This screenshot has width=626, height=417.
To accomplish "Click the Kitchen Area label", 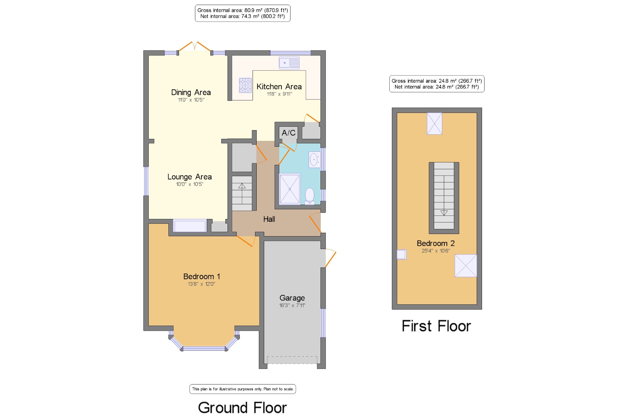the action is tap(279, 87).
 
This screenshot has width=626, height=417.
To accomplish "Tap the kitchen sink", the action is tap(289, 63).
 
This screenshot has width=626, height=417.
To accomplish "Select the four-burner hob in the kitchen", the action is tap(245, 85).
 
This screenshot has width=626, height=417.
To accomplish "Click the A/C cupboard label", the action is tap(289, 133).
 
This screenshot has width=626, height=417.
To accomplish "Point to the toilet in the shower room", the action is tap(310, 196).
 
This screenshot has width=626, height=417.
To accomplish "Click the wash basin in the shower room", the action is tap(314, 160).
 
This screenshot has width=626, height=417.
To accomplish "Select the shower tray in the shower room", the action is tap(290, 189).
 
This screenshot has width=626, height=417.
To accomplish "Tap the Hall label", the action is tap(269, 219).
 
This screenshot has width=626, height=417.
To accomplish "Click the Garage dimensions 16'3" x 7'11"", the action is tap(292, 305).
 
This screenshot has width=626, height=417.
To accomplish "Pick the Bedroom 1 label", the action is tap(202, 277).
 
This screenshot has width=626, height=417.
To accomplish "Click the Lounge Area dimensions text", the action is tap(190, 184).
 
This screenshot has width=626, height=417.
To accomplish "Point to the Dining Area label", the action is tap(191, 92).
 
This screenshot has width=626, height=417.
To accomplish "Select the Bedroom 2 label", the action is tap(436, 243).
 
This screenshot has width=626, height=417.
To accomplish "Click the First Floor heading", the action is tap(436, 326).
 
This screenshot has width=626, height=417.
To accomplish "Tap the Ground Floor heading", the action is tap(242, 408).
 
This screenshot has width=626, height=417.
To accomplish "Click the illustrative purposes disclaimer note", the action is tap(243, 389).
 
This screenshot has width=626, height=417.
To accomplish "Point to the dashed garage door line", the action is tap(292, 360).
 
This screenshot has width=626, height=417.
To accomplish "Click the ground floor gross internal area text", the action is tap(243, 10).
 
